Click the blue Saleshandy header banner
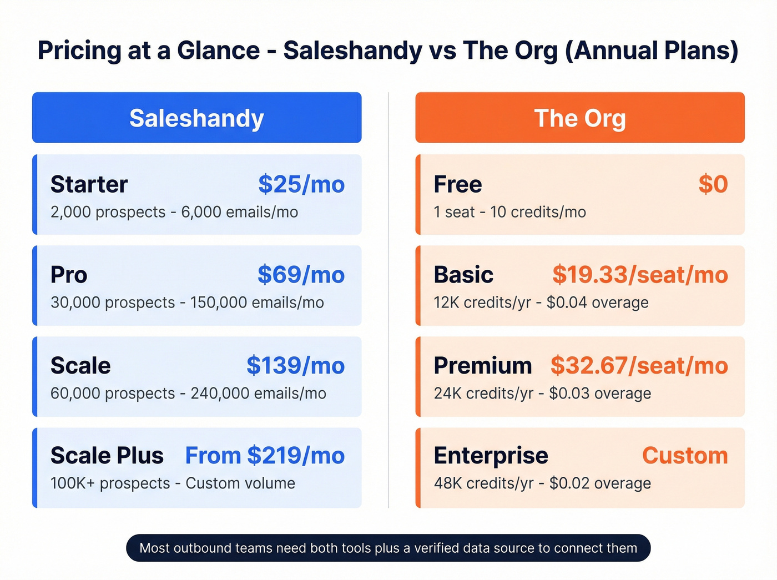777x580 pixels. (x=196, y=118)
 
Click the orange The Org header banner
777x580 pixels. (x=579, y=118)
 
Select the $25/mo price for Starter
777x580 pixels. (x=301, y=184)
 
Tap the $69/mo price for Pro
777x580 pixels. (x=301, y=275)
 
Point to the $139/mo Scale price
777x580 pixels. (x=296, y=366)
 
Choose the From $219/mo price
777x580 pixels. (x=265, y=456)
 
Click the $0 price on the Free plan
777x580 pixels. (x=713, y=184)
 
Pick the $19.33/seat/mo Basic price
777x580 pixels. (x=640, y=275)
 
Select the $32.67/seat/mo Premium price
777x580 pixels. (x=639, y=366)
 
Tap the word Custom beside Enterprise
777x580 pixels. (x=685, y=456)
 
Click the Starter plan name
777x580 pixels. (x=89, y=184)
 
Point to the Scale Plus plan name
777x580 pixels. (x=107, y=456)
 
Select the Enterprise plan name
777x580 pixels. (x=491, y=456)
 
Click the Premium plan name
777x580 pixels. (x=483, y=366)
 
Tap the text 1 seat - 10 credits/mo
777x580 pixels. (x=509, y=212)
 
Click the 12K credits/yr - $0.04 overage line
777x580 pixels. (x=541, y=302)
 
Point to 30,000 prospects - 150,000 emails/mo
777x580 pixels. (x=187, y=302)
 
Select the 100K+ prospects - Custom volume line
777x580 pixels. (x=173, y=483)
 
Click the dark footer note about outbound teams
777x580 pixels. (x=389, y=548)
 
